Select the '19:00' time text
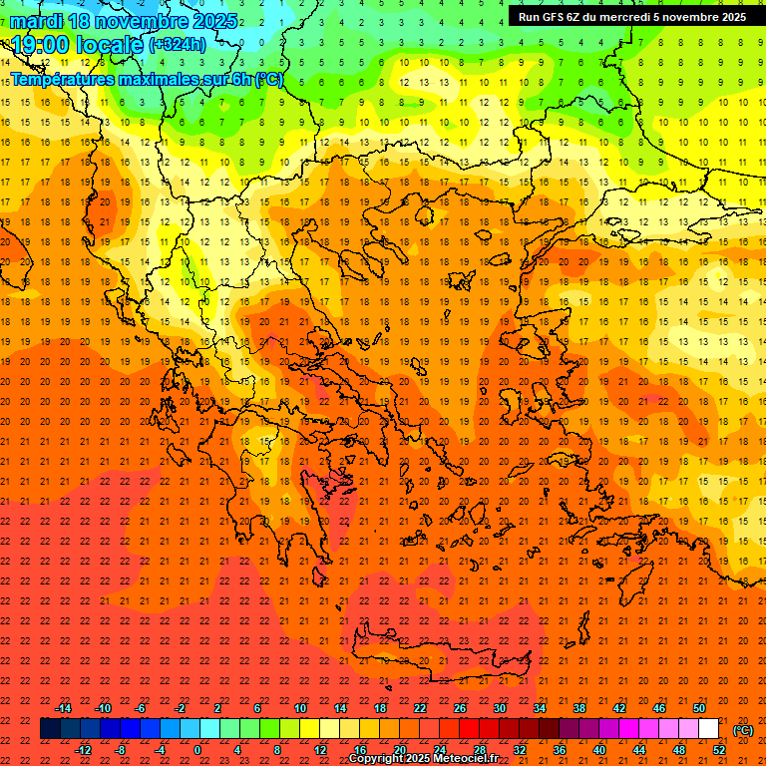(44, 44)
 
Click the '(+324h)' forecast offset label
(180, 45)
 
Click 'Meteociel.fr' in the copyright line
(467, 759)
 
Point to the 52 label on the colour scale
(719, 750)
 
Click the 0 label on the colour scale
(197, 750)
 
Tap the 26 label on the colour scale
(460, 708)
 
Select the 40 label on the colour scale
(599, 750)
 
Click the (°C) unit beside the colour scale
(743, 730)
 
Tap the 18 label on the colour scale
(380, 708)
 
